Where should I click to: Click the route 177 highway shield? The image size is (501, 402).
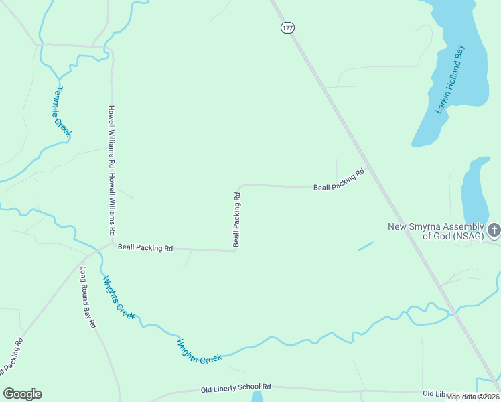tap(287, 27)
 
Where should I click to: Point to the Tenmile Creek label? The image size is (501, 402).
tap(62, 112)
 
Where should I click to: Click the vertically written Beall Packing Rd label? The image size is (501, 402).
tap(236, 219)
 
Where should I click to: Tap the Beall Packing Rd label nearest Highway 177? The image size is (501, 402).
tap(339, 181)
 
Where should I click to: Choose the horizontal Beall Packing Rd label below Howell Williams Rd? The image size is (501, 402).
tap(145, 247)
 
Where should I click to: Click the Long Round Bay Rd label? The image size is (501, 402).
tap(88, 297)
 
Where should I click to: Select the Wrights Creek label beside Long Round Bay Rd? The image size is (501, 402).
tap(119, 297)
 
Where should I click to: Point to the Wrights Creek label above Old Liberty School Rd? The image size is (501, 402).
tap(199, 352)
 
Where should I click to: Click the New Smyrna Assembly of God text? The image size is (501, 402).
tap(435, 230)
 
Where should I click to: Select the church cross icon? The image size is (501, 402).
tap(494, 230)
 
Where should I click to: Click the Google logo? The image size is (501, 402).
tap(22, 394)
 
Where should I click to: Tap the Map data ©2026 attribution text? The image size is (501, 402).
tap(472, 397)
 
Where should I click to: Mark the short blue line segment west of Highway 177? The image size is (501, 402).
tap(366, 246)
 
